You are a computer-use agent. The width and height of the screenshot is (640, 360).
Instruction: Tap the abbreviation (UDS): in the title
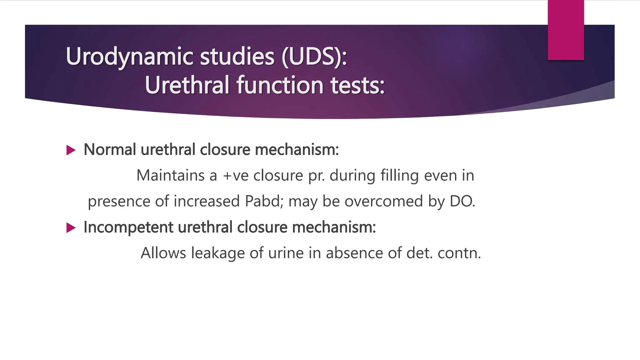click(x=314, y=57)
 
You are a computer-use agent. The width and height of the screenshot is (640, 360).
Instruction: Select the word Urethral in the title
click(x=187, y=85)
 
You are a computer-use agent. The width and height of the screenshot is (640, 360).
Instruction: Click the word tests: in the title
click(x=357, y=85)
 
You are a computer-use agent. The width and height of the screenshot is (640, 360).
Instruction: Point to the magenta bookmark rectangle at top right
click(x=566, y=30)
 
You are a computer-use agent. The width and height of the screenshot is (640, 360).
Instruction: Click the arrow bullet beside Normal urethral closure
click(x=71, y=150)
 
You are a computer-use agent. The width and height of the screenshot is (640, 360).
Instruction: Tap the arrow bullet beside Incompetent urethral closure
click(x=71, y=228)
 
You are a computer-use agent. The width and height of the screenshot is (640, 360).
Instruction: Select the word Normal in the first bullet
click(x=110, y=150)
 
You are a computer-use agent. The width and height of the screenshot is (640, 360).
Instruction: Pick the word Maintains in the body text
click(x=170, y=175)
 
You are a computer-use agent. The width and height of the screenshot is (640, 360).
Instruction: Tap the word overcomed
click(x=384, y=201)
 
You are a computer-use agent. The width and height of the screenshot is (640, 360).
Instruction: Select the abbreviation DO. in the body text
click(x=462, y=201)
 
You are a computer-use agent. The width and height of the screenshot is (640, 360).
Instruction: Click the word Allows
click(x=163, y=253)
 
